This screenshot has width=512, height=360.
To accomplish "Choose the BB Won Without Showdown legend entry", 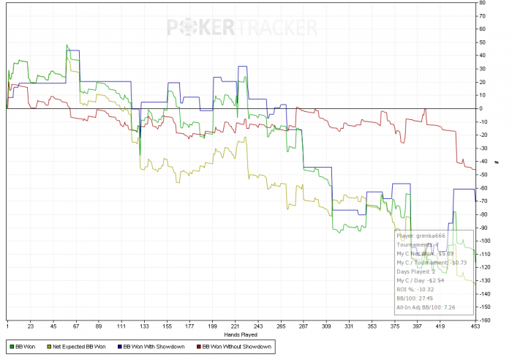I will coord(235,345).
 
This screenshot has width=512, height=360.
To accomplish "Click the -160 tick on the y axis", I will coord(485,320).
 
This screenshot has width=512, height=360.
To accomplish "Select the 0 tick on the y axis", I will coord(481,108).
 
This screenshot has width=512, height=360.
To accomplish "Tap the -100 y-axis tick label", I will coord(485,241).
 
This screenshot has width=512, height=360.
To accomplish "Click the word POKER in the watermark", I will coord(201,28).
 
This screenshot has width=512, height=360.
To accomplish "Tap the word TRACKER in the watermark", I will coord(276,28).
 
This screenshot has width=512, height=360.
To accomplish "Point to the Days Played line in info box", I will coord(415,271).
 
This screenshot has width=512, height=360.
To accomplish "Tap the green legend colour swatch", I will coord(11,345).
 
